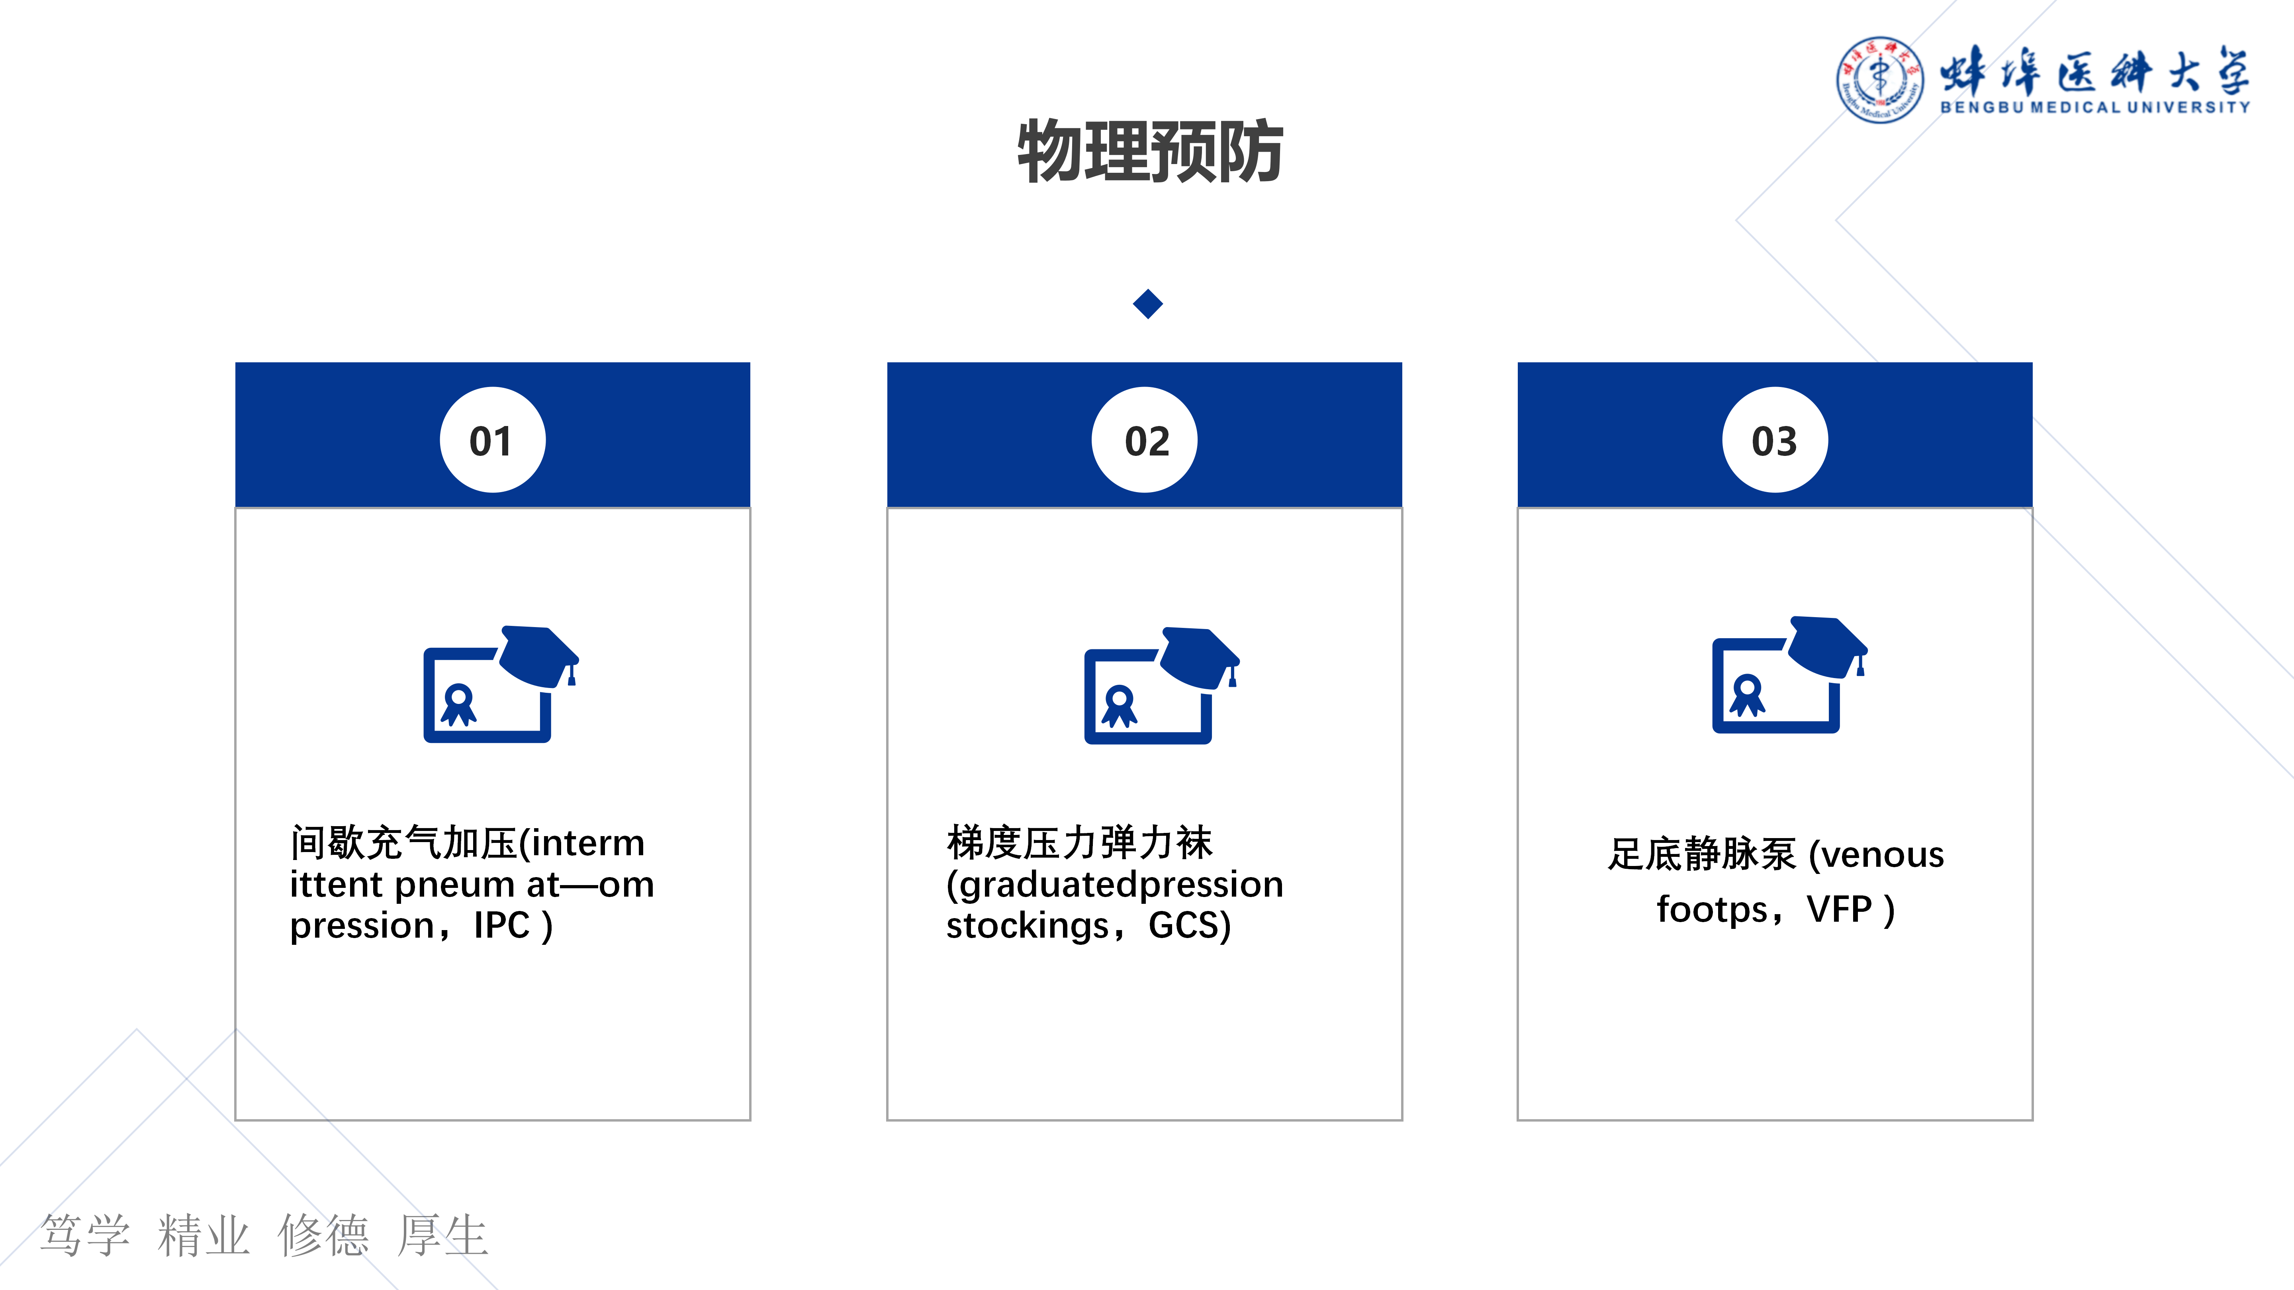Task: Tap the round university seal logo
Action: point(1879,79)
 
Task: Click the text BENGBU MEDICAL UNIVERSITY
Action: point(2094,107)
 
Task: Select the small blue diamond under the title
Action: point(1148,303)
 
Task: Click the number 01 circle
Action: point(493,440)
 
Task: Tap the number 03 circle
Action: point(1775,440)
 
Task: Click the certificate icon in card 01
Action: point(501,684)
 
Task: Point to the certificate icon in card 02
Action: point(1161,686)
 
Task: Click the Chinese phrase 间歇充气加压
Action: point(403,842)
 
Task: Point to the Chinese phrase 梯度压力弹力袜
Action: point(1079,842)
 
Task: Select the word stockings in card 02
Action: point(1027,926)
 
